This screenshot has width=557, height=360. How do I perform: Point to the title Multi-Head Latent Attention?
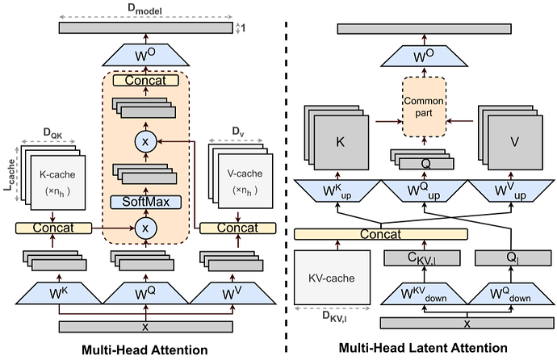(x=422, y=349)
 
